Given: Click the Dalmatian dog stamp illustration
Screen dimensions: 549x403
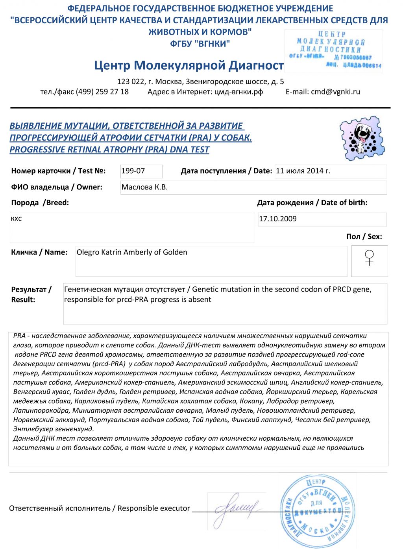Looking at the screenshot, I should [362, 138].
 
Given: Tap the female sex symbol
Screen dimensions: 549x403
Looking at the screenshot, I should [369, 258].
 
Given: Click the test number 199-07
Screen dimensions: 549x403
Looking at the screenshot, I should [133, 171].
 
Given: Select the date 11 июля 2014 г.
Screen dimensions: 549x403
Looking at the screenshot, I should [303, 171].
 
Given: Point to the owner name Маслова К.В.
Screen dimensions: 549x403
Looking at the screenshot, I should [144, 187].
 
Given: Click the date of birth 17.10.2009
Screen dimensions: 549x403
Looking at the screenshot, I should [278, 219].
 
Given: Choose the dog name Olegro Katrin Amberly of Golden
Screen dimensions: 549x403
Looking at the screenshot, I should [132, 252].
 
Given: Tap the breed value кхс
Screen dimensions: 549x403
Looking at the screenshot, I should [17, 219].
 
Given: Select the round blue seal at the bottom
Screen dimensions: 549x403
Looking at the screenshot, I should [317, 511].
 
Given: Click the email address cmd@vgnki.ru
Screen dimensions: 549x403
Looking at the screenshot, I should [335, 92].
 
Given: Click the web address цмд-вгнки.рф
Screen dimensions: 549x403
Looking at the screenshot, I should [238, 92].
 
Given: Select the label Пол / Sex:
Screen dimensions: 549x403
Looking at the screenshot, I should [364, 237].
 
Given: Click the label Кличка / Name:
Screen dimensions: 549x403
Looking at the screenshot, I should [39, 252].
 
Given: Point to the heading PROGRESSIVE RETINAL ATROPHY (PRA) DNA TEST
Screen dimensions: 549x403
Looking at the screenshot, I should [109, 150].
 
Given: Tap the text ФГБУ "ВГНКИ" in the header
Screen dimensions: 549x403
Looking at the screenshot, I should [200, 44].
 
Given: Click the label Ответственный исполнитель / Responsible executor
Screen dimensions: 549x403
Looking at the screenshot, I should [100, 508].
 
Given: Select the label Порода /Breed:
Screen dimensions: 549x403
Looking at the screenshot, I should [40, 203].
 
